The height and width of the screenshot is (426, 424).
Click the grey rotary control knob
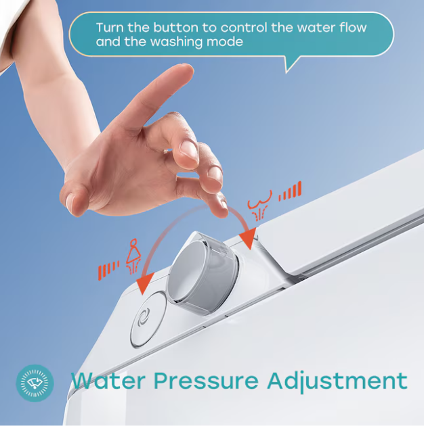(203, 273)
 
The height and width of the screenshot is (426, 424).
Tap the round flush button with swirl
(148, 319)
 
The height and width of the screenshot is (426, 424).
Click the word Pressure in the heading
(206, 381)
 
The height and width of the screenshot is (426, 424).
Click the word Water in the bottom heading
(108, 380)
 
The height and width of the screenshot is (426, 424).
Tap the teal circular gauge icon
(35, 383)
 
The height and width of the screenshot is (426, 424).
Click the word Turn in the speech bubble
(110, 28)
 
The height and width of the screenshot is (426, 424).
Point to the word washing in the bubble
(177, 42)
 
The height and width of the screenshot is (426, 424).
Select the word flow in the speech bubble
(353, 28)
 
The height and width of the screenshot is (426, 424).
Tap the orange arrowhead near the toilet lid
(247, 239)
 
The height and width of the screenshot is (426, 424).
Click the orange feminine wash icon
(133, 256)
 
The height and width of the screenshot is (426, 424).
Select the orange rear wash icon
(259, 206)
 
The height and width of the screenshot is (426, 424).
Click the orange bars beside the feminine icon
(108, 270)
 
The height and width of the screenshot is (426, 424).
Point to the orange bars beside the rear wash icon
(290, 191)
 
